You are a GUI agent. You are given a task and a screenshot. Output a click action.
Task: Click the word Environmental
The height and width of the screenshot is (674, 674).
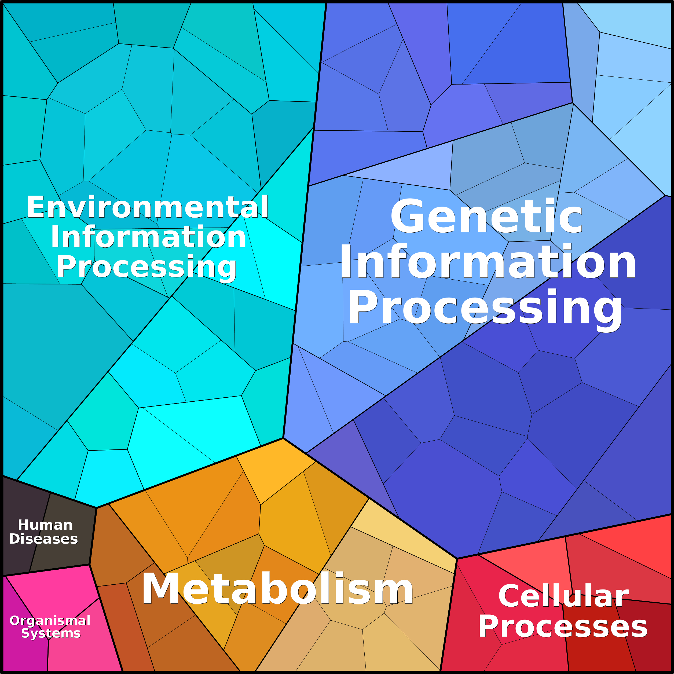tap(148, 207)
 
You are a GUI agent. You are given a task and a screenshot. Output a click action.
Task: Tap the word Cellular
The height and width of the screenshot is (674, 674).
tap(563, 596)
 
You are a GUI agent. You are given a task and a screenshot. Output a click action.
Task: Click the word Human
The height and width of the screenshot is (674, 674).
tap(45, 525)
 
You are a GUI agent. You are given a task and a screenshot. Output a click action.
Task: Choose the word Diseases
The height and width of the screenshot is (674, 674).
tap(43, 539)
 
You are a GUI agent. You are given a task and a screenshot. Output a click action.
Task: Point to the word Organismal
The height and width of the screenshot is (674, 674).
tap(50, 621)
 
